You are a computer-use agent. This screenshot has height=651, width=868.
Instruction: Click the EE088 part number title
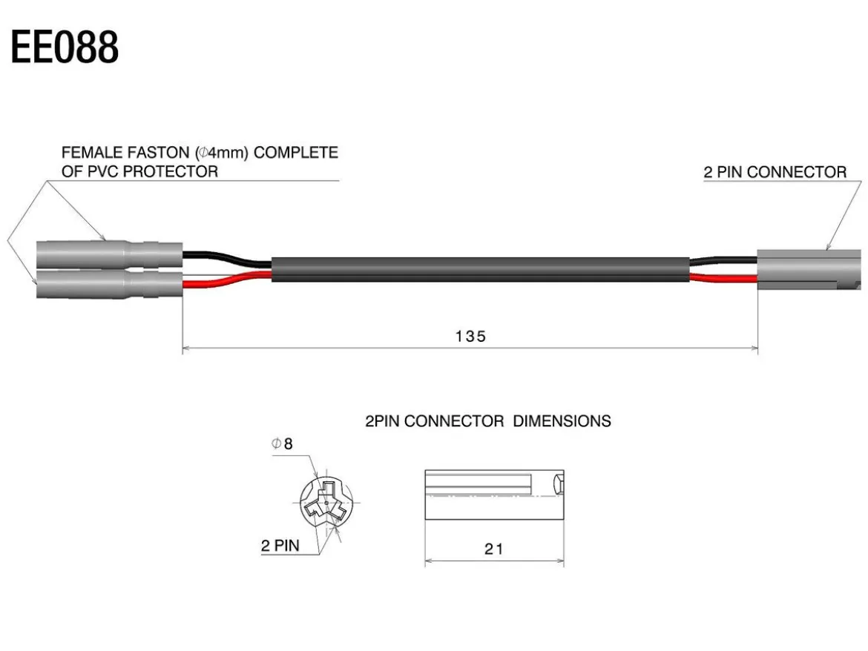[65, 47]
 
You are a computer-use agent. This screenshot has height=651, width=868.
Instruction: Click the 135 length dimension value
[470, 337]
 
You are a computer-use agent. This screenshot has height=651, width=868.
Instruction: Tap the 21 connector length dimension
[494, 549]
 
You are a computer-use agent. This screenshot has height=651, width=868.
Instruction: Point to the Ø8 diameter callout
[283, 443]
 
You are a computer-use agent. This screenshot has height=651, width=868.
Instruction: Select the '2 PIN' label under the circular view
[280, 546]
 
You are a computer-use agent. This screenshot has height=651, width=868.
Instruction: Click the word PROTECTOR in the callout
[171, 171]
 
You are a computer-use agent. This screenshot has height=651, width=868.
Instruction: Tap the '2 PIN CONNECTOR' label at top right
[775, 172]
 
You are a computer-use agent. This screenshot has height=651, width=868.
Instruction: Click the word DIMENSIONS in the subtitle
[562, 421]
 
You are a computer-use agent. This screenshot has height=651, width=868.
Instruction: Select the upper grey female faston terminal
[110, 254]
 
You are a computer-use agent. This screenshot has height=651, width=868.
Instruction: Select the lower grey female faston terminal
[110, 284]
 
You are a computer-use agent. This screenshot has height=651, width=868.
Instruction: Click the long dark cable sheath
[481, 269]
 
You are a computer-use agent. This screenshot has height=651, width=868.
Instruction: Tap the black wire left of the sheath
[227, 259]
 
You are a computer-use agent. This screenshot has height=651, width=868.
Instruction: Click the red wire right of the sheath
[723, 278]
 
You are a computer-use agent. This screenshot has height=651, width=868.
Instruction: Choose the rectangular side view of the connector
[494, 495]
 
